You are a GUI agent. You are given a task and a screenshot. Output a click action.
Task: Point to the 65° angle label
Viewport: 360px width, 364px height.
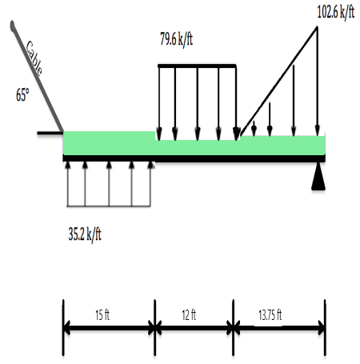22,94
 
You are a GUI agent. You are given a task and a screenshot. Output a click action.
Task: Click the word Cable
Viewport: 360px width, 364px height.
34,58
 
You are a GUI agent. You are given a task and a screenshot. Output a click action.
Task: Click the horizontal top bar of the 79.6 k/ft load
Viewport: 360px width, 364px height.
197,66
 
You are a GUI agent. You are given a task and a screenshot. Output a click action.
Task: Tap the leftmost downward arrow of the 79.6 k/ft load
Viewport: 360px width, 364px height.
159,100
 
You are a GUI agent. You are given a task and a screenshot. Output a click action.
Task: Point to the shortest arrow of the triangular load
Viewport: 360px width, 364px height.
254,128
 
